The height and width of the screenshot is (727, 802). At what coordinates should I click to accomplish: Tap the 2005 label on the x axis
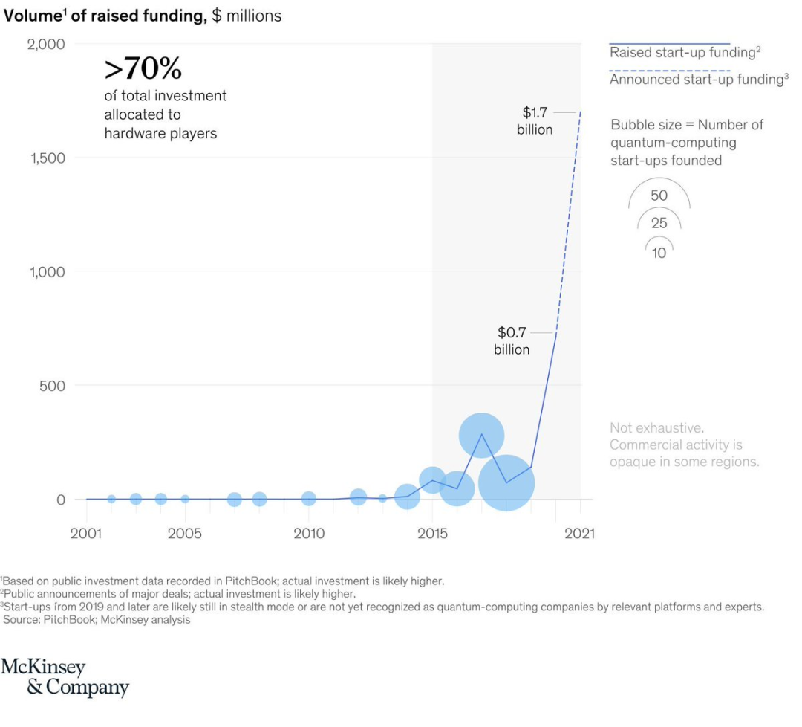(185, 534)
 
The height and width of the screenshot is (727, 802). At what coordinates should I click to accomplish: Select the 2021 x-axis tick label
(580, 534)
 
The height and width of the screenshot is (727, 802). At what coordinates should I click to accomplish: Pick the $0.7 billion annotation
(512, 340)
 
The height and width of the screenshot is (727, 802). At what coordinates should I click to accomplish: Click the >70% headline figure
(143, 69)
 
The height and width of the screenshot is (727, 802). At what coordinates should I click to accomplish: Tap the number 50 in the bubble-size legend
(659, 196)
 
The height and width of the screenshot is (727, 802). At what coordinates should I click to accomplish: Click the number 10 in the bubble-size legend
(659, 253)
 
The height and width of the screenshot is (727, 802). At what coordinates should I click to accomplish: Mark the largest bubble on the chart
(506, 482)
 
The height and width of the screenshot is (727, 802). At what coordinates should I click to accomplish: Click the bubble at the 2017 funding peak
(481, 436)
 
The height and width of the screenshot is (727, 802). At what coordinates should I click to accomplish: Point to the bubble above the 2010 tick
(308, 498)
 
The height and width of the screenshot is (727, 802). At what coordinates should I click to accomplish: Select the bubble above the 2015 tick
(432, 480)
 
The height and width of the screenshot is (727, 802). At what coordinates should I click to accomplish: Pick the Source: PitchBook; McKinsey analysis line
(97, 619)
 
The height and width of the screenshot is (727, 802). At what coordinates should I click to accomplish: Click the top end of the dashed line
(580, 112)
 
